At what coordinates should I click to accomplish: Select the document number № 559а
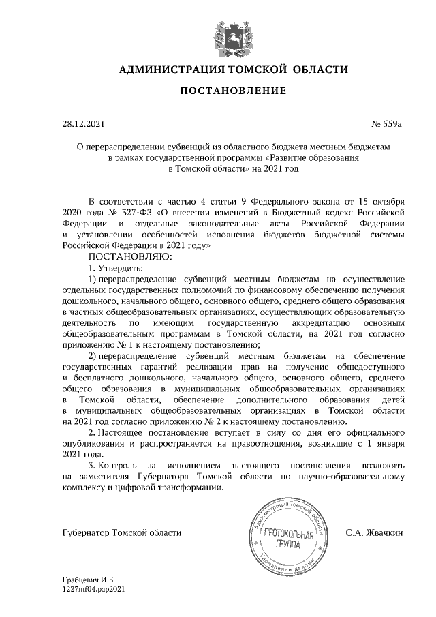click(x=387, y=125)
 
